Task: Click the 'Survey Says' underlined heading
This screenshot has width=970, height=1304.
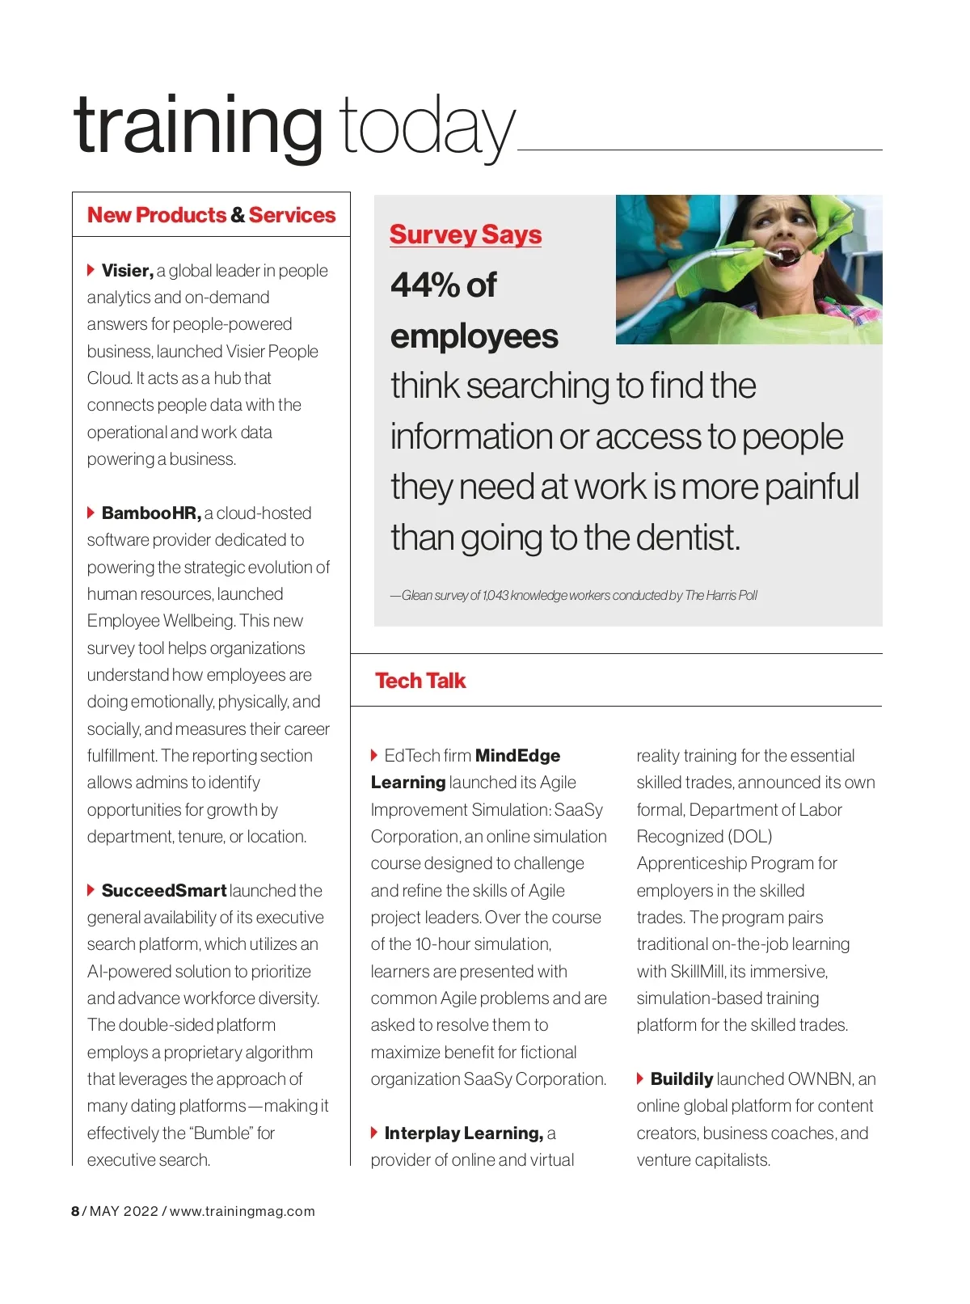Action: click(x=465, y=234)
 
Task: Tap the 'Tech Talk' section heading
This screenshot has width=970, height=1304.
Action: click(x=420, y=681)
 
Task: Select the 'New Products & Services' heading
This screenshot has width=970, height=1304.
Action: click(x=211, y=215)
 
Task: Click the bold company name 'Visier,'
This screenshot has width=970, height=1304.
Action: click(x=127, y=270)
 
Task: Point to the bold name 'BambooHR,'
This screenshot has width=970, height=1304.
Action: click(x=151, y=513)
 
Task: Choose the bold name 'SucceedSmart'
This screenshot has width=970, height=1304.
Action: click(x=163, y=890)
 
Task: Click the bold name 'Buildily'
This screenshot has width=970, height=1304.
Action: click(x=681, y=1078)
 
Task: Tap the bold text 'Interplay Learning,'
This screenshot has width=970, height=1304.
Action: click(x=463, y=1133)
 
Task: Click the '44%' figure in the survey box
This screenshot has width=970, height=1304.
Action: click(x=425, y=285)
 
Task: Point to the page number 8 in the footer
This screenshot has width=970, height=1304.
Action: click(x=75, y=1211)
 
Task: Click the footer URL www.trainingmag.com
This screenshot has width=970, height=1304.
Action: click(x=242, y=1211)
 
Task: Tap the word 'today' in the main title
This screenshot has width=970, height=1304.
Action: click(x=426, y=127)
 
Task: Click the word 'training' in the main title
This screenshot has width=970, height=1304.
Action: click(x=198, y=125)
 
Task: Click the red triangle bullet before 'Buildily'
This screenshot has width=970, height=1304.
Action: click(x=640, y=1078)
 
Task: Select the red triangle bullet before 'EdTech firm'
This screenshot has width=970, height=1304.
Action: click(x=374, y=755)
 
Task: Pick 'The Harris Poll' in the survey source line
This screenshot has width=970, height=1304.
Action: click(x=721, y=596)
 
